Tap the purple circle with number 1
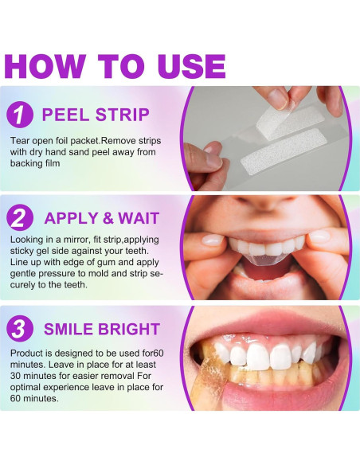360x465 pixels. coord(20,114)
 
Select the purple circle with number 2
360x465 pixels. coord(20,218)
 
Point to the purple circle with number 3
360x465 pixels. coord(20,329)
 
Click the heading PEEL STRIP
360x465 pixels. coord(96,115)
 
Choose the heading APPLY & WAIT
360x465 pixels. coord(102,218)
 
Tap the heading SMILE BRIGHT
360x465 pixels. coord(102,329)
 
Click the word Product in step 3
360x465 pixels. coord(27,354)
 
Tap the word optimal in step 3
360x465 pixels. coord(26,387)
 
